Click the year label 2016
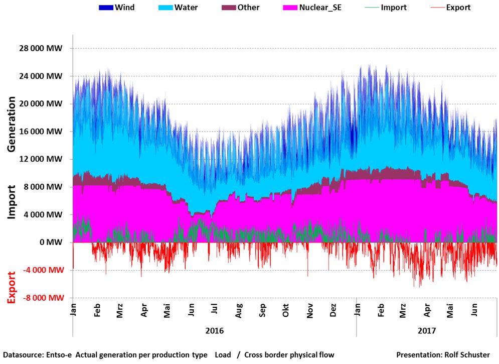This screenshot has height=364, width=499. (215, 331)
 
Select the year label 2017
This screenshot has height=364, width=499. (427, 331)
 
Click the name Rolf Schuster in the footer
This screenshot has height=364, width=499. (466, 354)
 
